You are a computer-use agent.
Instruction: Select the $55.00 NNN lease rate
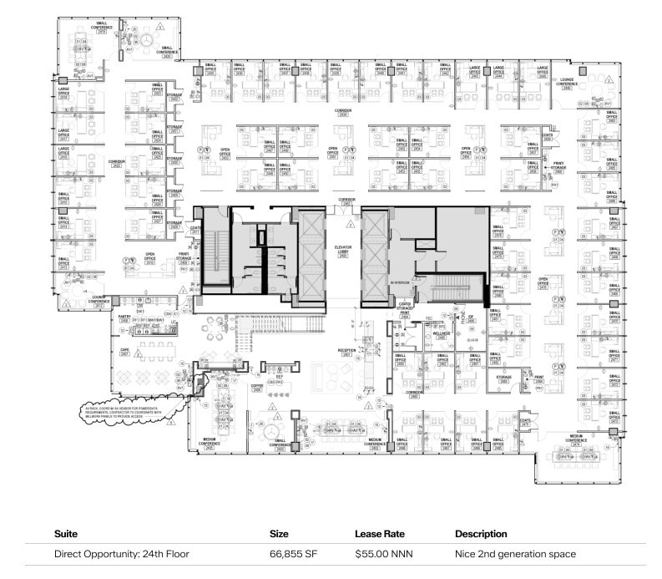pos(382,554)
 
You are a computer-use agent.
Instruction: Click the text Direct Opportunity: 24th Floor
pos(121,554)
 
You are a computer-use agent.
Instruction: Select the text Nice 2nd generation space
pos(515,554)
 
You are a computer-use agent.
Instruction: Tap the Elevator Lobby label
pos(341,250)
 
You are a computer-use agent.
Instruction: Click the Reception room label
pos(346,352)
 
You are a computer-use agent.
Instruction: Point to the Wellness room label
pos(442,334)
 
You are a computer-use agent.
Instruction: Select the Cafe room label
pos(124,352)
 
